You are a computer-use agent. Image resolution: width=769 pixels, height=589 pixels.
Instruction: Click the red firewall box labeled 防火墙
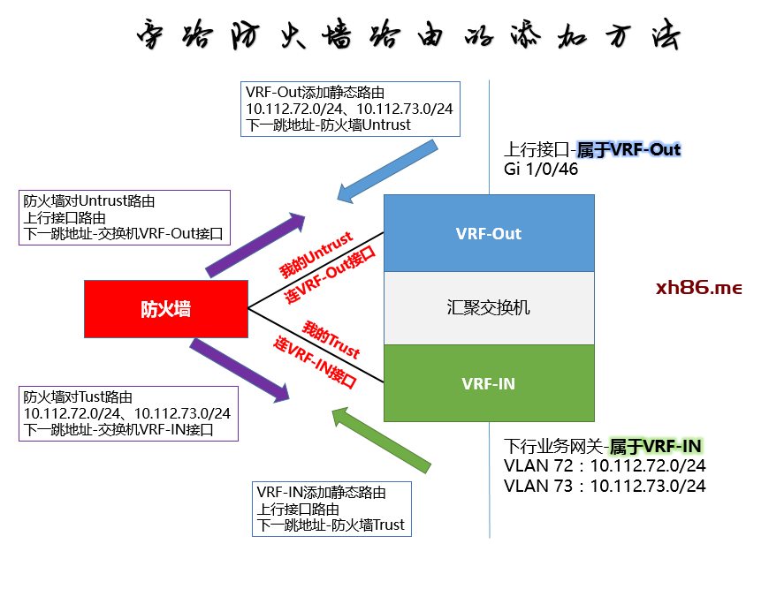(x=165, y=309)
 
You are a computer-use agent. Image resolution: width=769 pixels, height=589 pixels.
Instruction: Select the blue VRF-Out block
(x=489, y=233)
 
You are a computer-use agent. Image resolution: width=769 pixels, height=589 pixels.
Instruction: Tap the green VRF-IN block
(x=489, y=383)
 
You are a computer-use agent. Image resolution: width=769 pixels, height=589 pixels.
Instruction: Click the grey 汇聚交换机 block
(x=489, y=307)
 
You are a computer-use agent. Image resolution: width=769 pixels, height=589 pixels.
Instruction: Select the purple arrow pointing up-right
(x=256, y=244)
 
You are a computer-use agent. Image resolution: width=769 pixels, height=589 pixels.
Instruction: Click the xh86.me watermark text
(x=699, y=288)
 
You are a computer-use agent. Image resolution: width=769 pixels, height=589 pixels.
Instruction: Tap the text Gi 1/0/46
(x=541, y=169)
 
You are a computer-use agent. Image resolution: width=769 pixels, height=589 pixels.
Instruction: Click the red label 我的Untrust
(x=316, y=255)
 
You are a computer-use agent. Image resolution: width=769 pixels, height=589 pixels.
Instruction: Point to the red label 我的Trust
(x=331, y=339)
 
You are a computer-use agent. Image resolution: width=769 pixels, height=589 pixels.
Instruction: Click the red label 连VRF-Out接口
(x=330, y=276)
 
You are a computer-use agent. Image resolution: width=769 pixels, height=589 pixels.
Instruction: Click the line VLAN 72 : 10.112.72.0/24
(x=605, y=465)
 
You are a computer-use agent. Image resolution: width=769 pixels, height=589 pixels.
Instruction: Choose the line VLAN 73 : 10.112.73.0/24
(x=605, y=486)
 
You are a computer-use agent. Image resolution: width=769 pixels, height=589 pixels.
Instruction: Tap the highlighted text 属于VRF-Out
(x=628, y=149)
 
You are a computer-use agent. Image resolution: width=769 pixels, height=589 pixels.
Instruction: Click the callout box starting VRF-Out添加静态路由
(x=352, y=109)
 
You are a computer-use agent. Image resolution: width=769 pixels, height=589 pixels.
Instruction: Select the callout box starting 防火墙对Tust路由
(x=127, y=413)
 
